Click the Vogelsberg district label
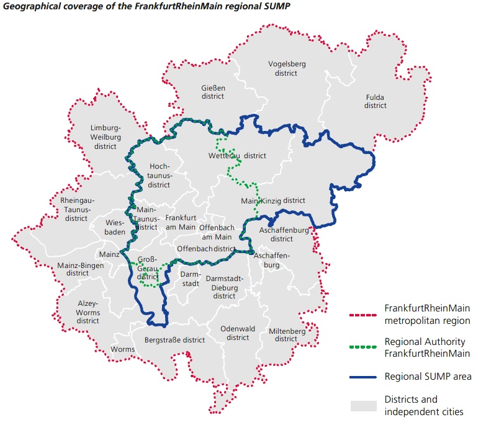pyautogui.click(x=287, y=68)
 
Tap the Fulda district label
pyautogui.click(x=376, y=101)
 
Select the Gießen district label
pyautogui.click(x=213, y=92)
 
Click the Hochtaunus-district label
pyautogui.click(x=160, y=176)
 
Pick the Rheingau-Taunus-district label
pyautogui.click(x=77, y=210)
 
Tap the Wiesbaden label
pyautogui.click(x=115, y=227)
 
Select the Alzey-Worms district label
pyautogui.click(x=88, y=312)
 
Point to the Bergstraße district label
pyautogui.click(x=174, y=340)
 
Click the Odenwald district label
pyautogui.click(x=237, y=333)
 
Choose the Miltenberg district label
pyautogui.click(x=286, y=335)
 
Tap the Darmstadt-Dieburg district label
pyautogui.click(x=224, y=287)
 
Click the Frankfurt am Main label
pyautogui.click(x=181, y=223)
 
